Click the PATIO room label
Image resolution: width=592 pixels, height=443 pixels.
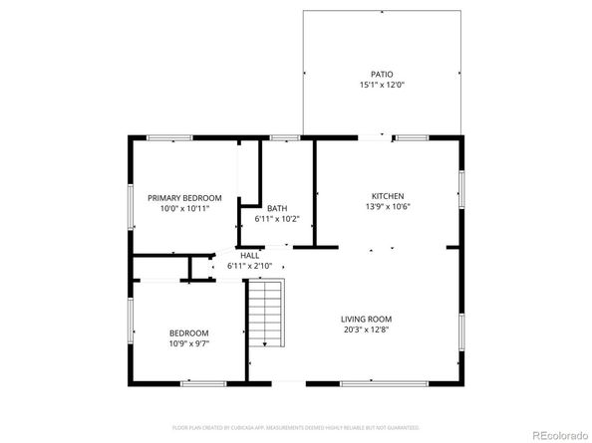[x=383, y=74]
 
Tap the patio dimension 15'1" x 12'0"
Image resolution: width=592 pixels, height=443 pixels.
[x=383, y=86]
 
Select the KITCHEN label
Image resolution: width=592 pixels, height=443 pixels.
[x=388, y=195]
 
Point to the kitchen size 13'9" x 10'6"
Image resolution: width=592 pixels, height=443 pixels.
[x=388, y=207]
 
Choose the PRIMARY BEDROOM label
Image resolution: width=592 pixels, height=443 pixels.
[x=184, y=198]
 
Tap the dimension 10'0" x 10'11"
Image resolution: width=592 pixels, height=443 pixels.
[x=184, y=209]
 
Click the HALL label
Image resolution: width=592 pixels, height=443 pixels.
[x=249, y=255]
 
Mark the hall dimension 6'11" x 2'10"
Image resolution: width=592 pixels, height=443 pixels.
[x=249, y=266]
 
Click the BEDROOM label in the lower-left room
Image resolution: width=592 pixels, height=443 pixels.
[x=188, y=332]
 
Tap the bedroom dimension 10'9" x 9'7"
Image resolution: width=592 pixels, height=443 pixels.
[x=188, y=343]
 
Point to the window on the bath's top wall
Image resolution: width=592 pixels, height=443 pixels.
[x=285, y=137]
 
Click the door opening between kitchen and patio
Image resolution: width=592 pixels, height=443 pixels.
[x=376, y=137]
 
